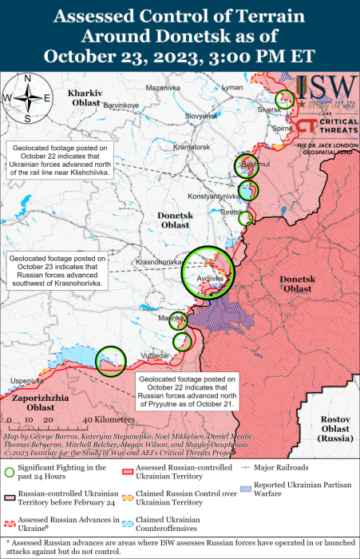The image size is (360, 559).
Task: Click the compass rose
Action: click(x=27, y=97)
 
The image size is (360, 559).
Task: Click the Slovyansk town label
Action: click(x=201, y=116)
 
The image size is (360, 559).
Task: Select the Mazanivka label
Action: click(x=163, y=86)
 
